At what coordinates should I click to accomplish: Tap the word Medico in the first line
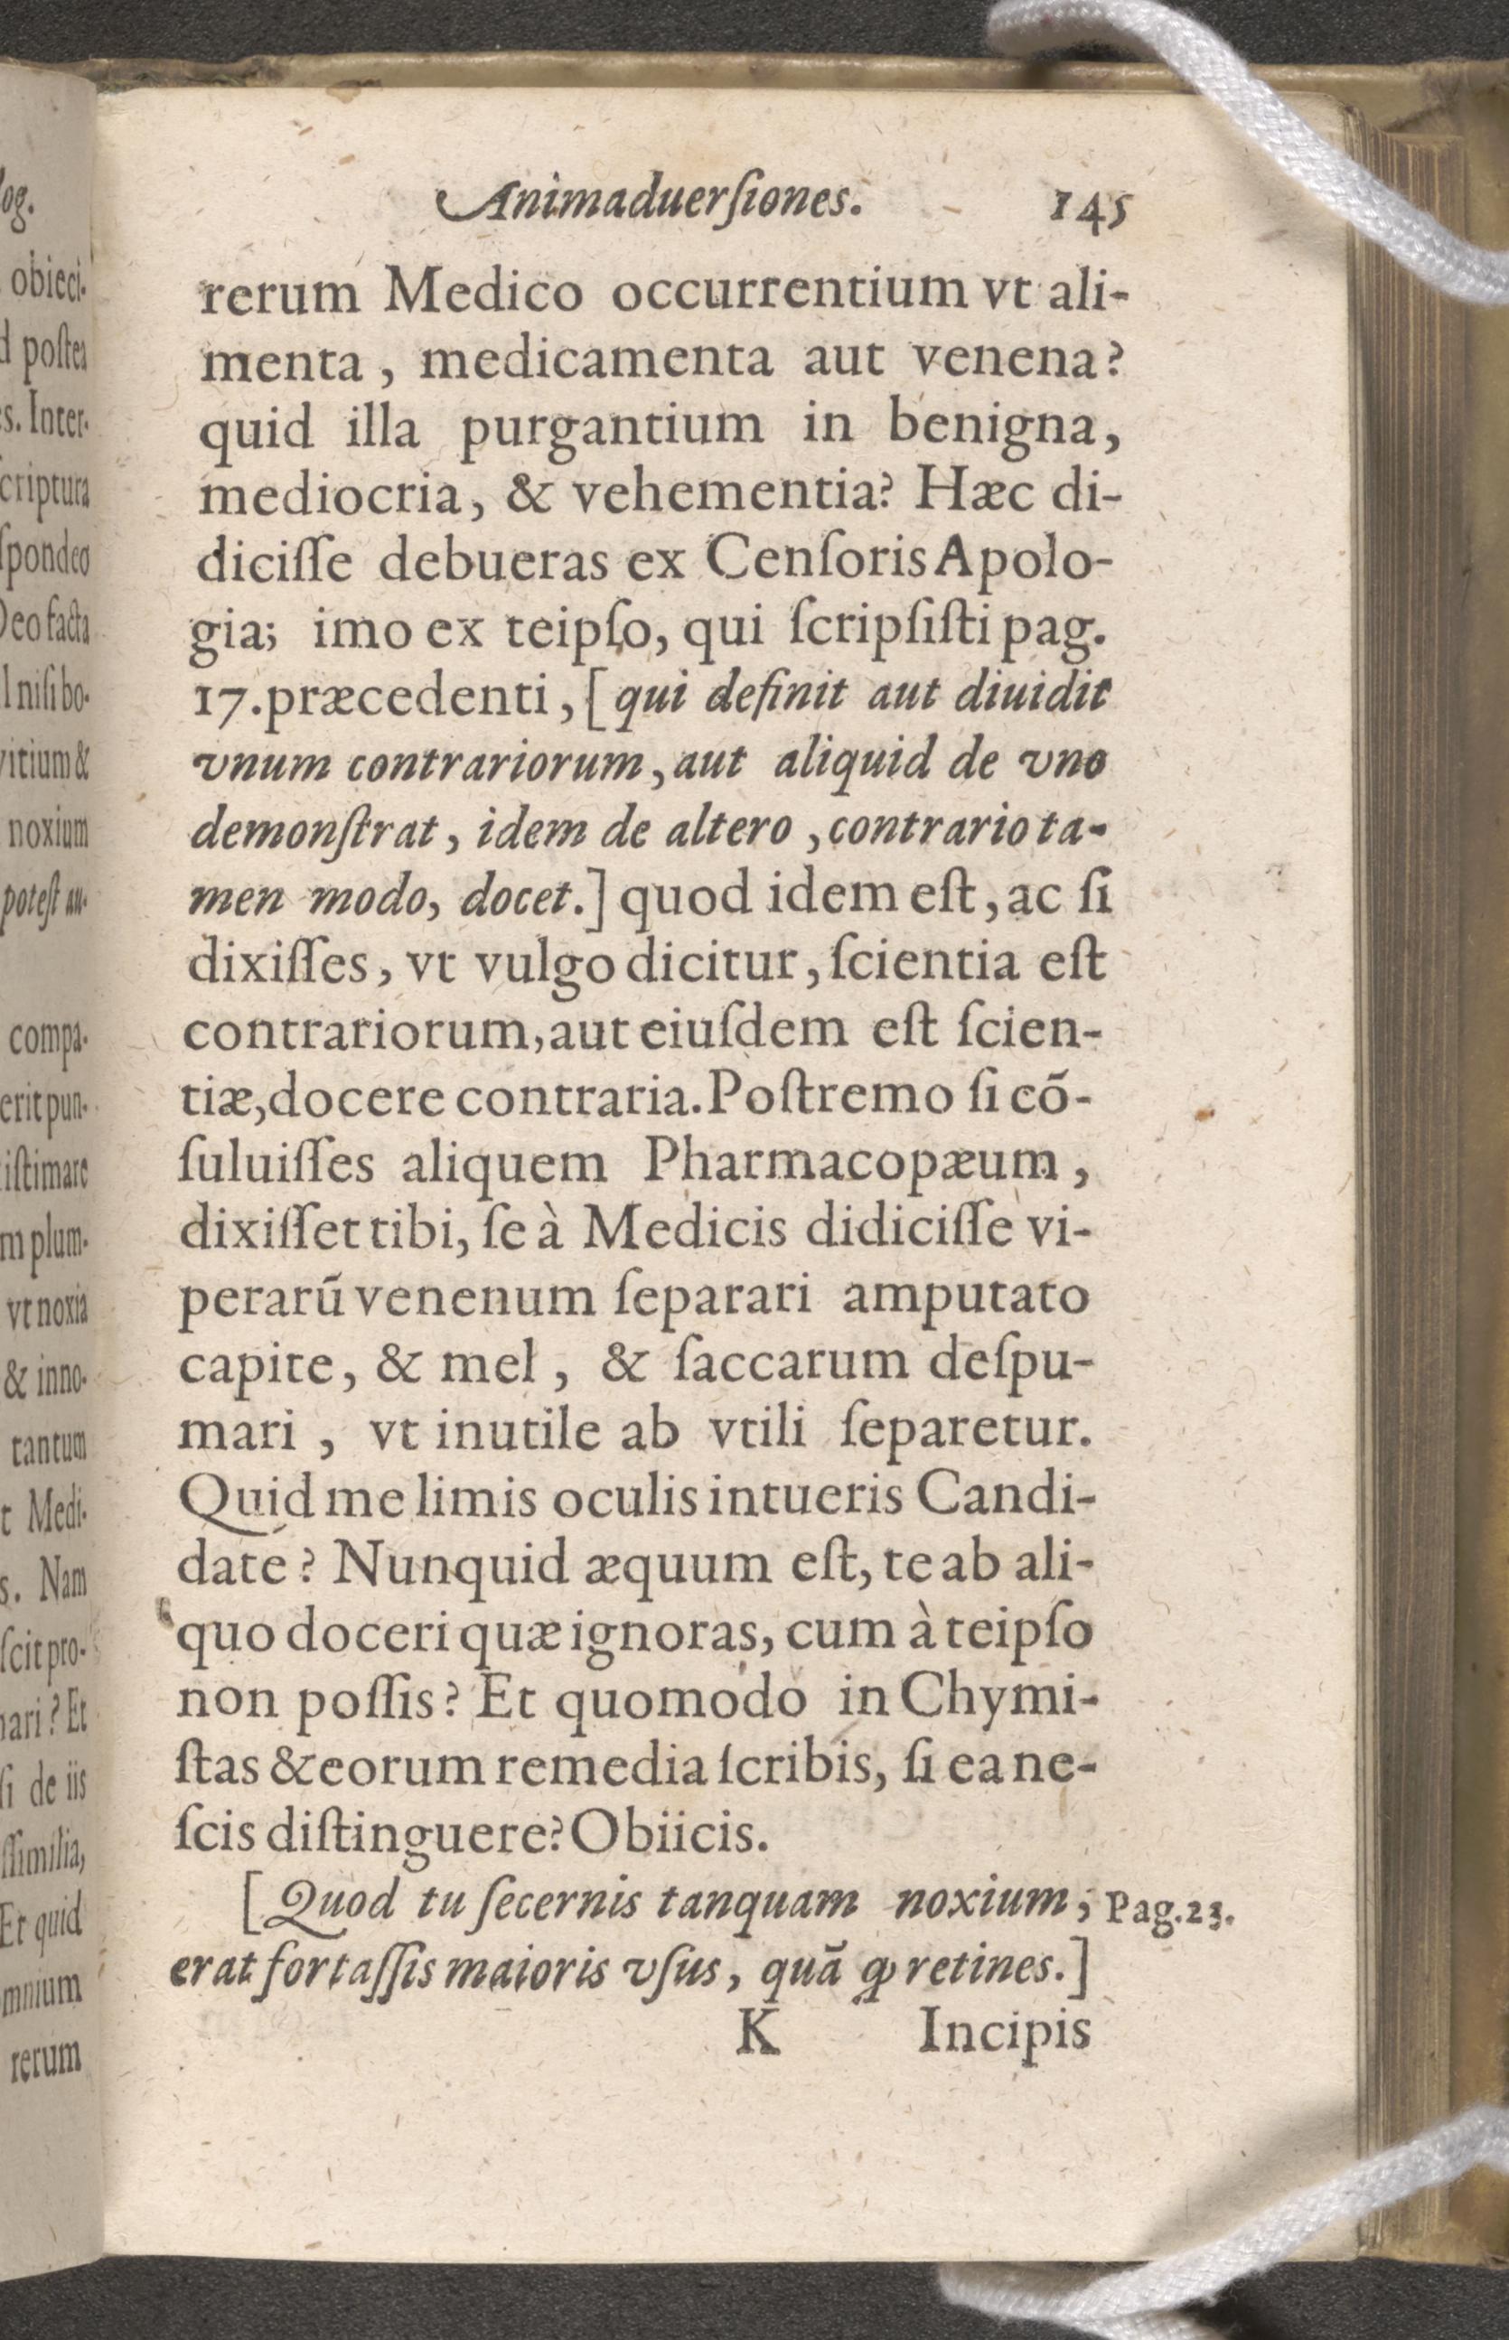(x=487, y=294)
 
